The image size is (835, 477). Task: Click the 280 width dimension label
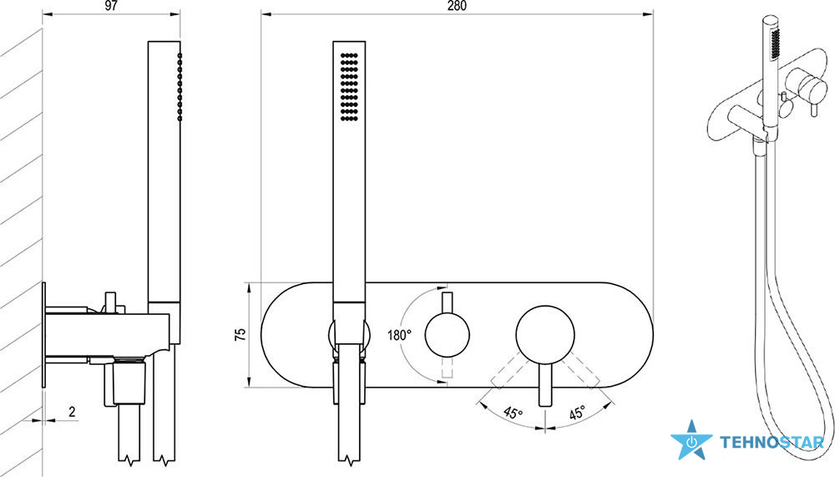point(457,6)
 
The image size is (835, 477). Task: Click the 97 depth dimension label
point(111,6)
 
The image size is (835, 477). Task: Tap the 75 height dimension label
point(240,335)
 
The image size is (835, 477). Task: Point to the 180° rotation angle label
point(399,335)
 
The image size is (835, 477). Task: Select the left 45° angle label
point(514,413)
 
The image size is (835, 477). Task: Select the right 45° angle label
point(577,413)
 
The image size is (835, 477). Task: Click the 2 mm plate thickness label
point(72,412)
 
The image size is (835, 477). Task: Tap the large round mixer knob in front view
point(544,335)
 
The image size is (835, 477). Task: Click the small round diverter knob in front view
point(448,335)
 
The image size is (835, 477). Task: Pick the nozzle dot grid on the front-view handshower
point(349,86)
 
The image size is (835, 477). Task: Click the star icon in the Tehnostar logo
point(691,441)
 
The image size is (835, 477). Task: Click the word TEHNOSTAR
point(772,442)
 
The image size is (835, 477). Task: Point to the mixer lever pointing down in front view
point(544,384)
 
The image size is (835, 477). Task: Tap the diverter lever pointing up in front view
point(448,302)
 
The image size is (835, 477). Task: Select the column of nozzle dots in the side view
point(180,87)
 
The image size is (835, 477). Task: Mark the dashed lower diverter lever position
point(448,367)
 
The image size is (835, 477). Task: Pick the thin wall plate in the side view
point(43,335)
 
